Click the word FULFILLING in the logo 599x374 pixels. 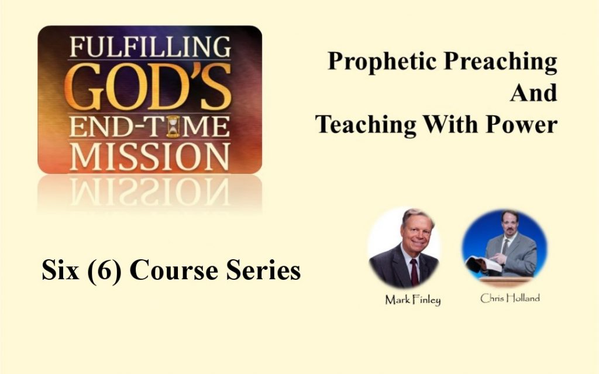[149, 46]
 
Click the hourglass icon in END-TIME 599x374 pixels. [172, 126]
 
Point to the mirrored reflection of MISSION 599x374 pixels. [149, 189]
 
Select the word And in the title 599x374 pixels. [533, 93]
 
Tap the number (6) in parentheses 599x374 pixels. [104, 270]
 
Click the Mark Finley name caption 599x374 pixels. [412, 300]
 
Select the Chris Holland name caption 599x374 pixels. [510, 298]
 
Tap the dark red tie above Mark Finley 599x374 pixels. [414, 271]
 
